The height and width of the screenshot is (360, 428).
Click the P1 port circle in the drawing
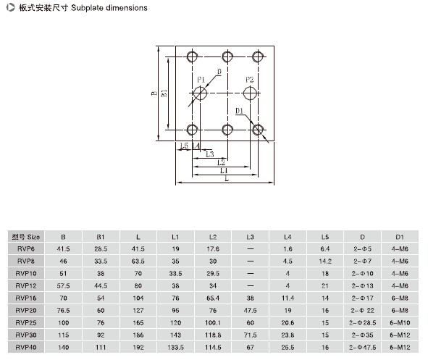click(x=194, y=93)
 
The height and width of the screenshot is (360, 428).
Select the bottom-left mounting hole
click(x=188, y=130)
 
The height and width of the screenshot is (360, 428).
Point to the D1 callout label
click(x=239, y=111)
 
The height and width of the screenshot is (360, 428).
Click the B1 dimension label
click(x=164, y=93)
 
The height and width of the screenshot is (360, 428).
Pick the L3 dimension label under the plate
click(x=209, y=154)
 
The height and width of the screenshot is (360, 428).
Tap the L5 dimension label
click(x=184, y=146)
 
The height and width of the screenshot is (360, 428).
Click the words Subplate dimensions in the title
click(x=109, y=8)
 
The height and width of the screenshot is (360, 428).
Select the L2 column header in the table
click(x=213, y=237)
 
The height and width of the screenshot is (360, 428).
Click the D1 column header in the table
click(x=400, y=237)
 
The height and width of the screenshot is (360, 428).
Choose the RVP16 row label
click(x=26, y=298)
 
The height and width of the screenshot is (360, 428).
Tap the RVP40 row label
click(x=26, y=347)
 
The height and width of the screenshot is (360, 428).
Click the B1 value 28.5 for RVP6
click(x=101, y=249)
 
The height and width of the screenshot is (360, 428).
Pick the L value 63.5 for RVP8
click(x=138, y=261)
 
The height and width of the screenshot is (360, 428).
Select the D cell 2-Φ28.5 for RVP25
click(x=363, y=322)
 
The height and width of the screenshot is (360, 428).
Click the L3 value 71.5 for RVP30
click(x=251, y=335)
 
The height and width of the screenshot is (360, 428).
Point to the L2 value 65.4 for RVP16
click(x=213, y=298)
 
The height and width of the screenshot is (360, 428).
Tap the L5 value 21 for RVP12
click(x=325, y=286)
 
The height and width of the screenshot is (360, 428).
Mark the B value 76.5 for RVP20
click(x=63, y=310)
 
